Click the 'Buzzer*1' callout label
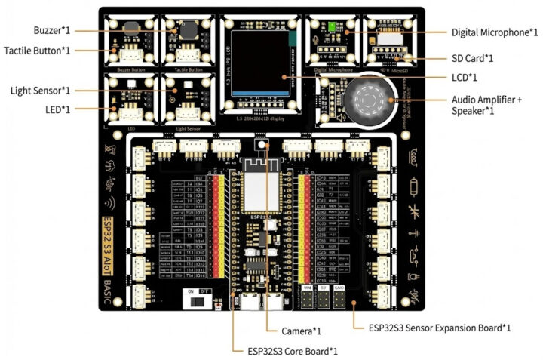tap(52, 30)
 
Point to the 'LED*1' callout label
tap(57, 109)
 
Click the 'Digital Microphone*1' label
tap(494, 32)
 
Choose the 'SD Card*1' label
tap(473, 58)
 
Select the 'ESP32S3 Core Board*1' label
tap(292, 351)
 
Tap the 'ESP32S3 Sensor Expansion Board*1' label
tap(440, 328)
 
